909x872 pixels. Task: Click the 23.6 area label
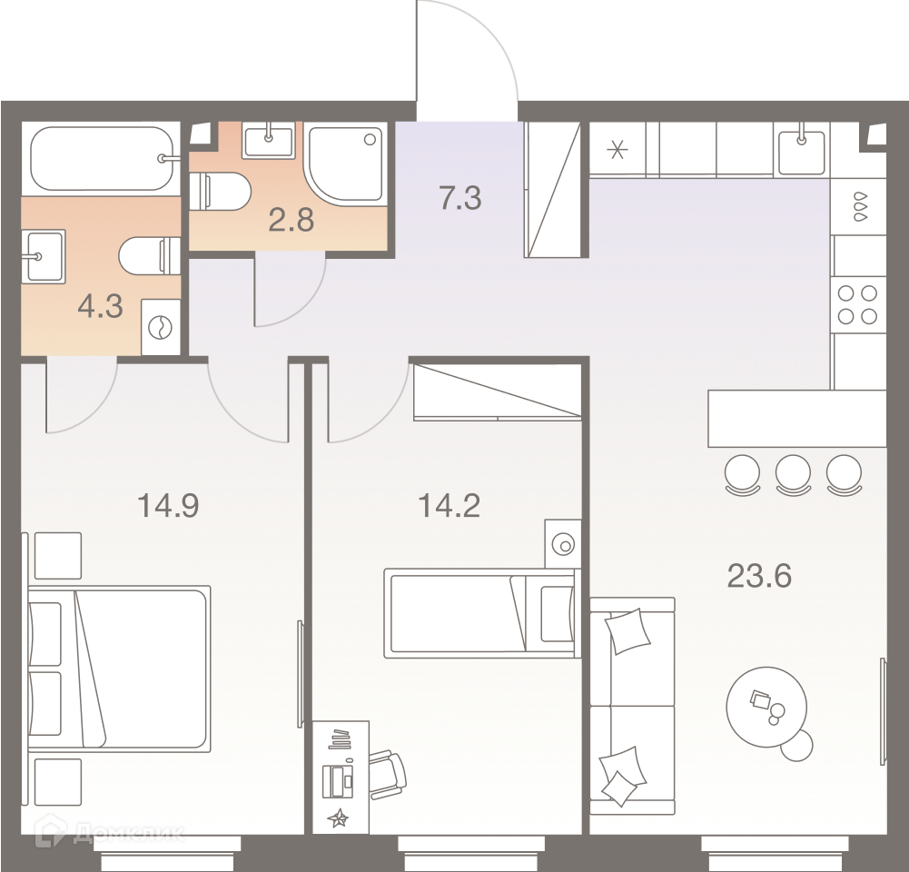759,576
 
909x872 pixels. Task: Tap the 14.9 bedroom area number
168,505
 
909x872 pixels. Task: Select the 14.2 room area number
449,506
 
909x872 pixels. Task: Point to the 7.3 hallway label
460,198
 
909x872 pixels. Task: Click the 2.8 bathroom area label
291,220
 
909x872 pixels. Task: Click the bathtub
102,158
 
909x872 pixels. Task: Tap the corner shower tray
345,163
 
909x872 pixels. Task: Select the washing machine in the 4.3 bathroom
161,327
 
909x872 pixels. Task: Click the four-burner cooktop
858,305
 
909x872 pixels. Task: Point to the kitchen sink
801,152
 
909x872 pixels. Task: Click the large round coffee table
766,707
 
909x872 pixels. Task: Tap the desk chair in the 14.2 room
389,775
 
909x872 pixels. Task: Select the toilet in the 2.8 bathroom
221,192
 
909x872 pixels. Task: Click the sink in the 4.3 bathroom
44,256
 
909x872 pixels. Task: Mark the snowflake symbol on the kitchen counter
617,150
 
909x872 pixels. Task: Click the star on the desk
338,818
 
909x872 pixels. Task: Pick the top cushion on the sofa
627,630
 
